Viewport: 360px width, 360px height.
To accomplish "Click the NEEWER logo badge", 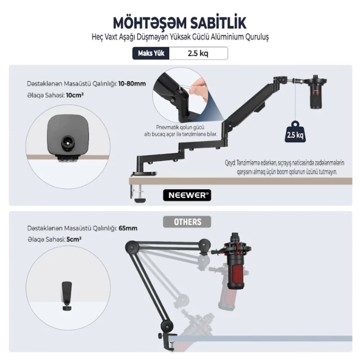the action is coord(187,195).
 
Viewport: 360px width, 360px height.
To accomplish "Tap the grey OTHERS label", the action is coord(187,222).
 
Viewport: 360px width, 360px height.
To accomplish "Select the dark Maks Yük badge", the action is coord(151,53).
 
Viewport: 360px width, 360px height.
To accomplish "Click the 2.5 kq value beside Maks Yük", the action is coord(198,53).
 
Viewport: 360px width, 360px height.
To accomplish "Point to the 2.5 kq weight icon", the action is coord(295,131).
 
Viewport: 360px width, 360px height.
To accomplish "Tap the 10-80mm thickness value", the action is coord(132,84).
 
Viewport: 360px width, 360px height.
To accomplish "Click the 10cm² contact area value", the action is coord(75,95).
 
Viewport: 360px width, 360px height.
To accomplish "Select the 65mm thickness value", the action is coord(128,228).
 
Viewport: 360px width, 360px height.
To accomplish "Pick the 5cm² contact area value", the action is coord(74,239).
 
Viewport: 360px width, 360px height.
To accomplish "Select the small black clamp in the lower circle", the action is coord(67,296).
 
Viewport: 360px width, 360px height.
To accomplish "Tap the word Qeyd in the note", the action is coord(230,163).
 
